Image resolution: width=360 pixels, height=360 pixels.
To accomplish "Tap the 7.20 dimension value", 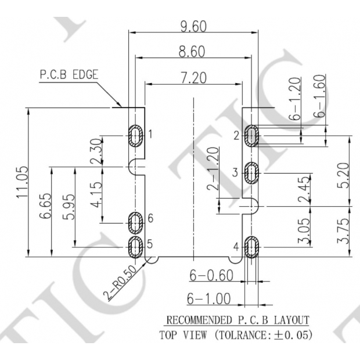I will pyautogui.click(x=192, y=78).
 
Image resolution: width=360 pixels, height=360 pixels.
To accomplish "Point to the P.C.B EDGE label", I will pyautogui.click(x=69, y=75).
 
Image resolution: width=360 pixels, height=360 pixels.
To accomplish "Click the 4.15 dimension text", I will pyautogui.click(x=96, y=195).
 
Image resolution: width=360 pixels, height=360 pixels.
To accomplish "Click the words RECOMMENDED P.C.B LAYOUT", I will pyautogui.click(x=237, y=320).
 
